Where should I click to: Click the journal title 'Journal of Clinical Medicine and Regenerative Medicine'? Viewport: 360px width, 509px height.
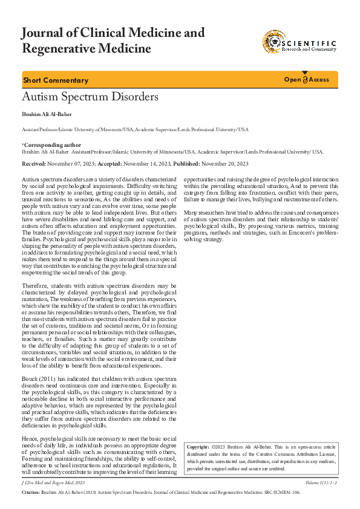coord(113,41)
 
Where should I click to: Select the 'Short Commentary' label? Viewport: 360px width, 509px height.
coord(56,80)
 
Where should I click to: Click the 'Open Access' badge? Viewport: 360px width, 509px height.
coord(307,80)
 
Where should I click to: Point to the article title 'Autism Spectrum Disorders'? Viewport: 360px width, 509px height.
coord(90,97)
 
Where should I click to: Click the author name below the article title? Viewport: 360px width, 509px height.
coord(47,114)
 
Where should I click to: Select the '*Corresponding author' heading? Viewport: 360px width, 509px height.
coord(51,145)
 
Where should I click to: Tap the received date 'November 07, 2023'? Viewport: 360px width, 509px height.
coord(73,164)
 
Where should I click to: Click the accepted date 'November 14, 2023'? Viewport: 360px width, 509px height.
coord(148,164)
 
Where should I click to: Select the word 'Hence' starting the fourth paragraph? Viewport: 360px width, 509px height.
coord(30,437)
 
